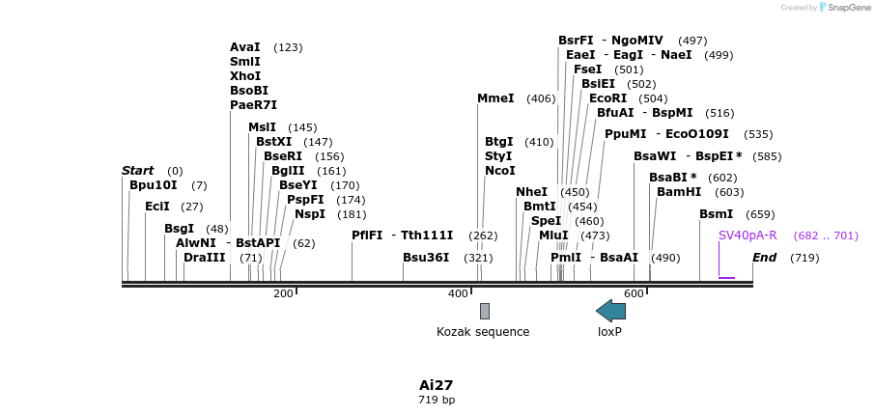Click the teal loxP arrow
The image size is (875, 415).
coord(610,311)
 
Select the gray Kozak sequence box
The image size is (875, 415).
coord(485,311)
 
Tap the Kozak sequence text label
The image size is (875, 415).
coord(483,332)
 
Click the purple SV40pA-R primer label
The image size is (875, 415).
coord(748,235)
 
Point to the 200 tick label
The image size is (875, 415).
coord(283,293)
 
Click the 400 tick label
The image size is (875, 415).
coord(459,293)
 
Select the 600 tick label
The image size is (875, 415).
coord(634,293)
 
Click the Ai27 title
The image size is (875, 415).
coord(437,385)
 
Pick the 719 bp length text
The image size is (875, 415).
coord(437,400)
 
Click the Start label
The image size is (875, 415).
coord(137,171)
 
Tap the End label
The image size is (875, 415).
coord(764,258)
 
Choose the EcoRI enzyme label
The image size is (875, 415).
coord(607,98)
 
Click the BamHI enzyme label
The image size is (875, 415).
coord(679,192)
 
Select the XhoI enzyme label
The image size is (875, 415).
coord(245,76)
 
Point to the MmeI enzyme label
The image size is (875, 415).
coord(496,98)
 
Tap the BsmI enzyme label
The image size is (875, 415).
coord(716,214)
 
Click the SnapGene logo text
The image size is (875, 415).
coord(849,8)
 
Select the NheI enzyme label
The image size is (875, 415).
coord(531,192)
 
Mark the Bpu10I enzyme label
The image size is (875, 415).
coord(154,185)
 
